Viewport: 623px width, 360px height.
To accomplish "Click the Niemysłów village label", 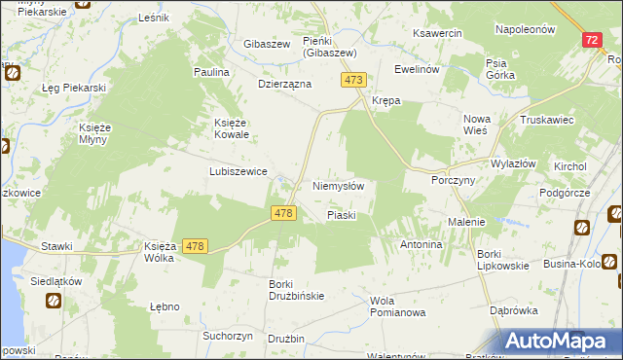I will [338, 185].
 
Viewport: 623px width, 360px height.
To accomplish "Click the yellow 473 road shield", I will [354, 80].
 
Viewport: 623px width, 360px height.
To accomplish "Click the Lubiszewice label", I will [238, 170].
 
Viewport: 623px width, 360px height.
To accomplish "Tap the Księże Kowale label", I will [234, 128].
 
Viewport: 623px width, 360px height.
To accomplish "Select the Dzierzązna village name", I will [283, 85].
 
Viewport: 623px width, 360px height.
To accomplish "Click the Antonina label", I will [421, 244].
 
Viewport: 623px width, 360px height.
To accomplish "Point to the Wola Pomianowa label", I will [398, 306].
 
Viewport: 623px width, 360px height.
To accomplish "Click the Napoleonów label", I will [525, 29].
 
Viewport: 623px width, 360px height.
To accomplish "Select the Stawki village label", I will [56, 246].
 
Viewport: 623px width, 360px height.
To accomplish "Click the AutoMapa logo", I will [562, 341].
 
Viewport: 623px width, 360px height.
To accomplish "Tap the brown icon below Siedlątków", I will [51, 301].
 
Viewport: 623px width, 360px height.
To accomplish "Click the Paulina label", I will [211, 73].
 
